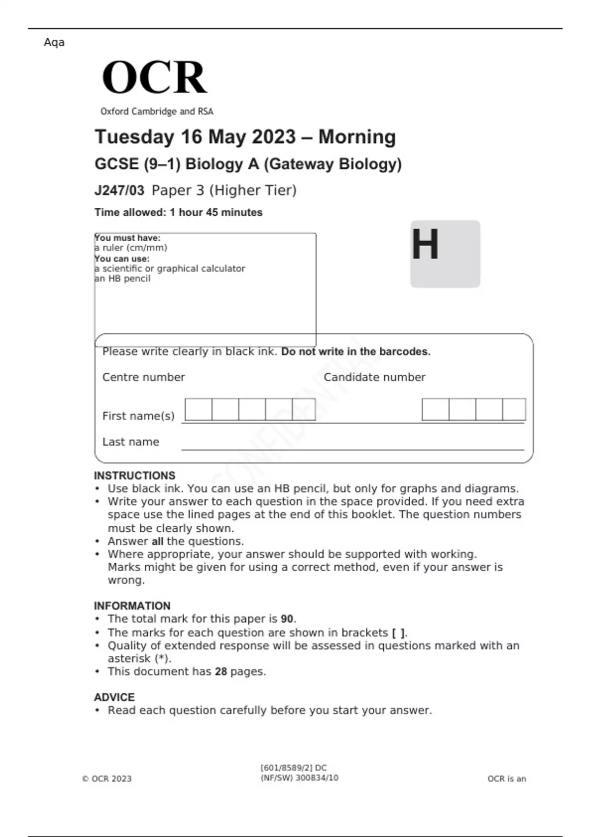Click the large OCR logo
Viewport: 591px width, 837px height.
click(154, 77)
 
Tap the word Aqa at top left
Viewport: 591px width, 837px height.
click(54, 42)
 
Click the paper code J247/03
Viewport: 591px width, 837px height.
click(119, 191)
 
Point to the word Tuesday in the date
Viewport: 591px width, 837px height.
click(134, 137)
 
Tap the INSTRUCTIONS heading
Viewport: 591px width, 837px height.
click(134, 476)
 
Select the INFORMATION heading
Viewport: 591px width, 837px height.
click(132, 606)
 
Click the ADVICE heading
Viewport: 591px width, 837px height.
click(114, 697)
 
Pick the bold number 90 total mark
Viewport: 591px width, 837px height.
click(287, 619)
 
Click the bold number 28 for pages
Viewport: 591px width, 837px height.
click(221, 672)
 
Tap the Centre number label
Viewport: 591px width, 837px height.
click(143, 377)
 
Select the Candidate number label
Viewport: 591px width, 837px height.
click(374, 377)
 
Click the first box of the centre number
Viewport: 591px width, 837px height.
click(198, 410)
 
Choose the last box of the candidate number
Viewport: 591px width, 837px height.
click(514, 410)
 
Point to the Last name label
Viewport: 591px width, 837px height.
click(131, 442)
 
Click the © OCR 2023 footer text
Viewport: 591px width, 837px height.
click(107, 778)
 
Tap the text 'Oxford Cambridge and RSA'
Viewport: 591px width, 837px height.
click(157, 111)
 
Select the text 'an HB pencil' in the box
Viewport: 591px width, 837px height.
click(123, 279)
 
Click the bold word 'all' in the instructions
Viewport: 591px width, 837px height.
click(157, 541)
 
